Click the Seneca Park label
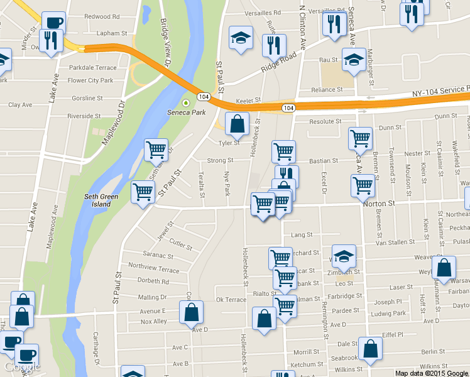click(186, 112)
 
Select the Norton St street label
click(378, 204)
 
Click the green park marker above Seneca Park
click(185, 102)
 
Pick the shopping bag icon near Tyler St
click(237, 124)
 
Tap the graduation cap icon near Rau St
click(353, 59)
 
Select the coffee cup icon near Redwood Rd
click(54, 23)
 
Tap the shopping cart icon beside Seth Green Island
click(143, 192)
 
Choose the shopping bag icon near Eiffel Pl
click(370, 349)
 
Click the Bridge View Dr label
click(165, 42)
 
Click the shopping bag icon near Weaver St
click(444, 267)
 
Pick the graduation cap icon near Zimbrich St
click(343, 256)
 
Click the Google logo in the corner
click(20, 366)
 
